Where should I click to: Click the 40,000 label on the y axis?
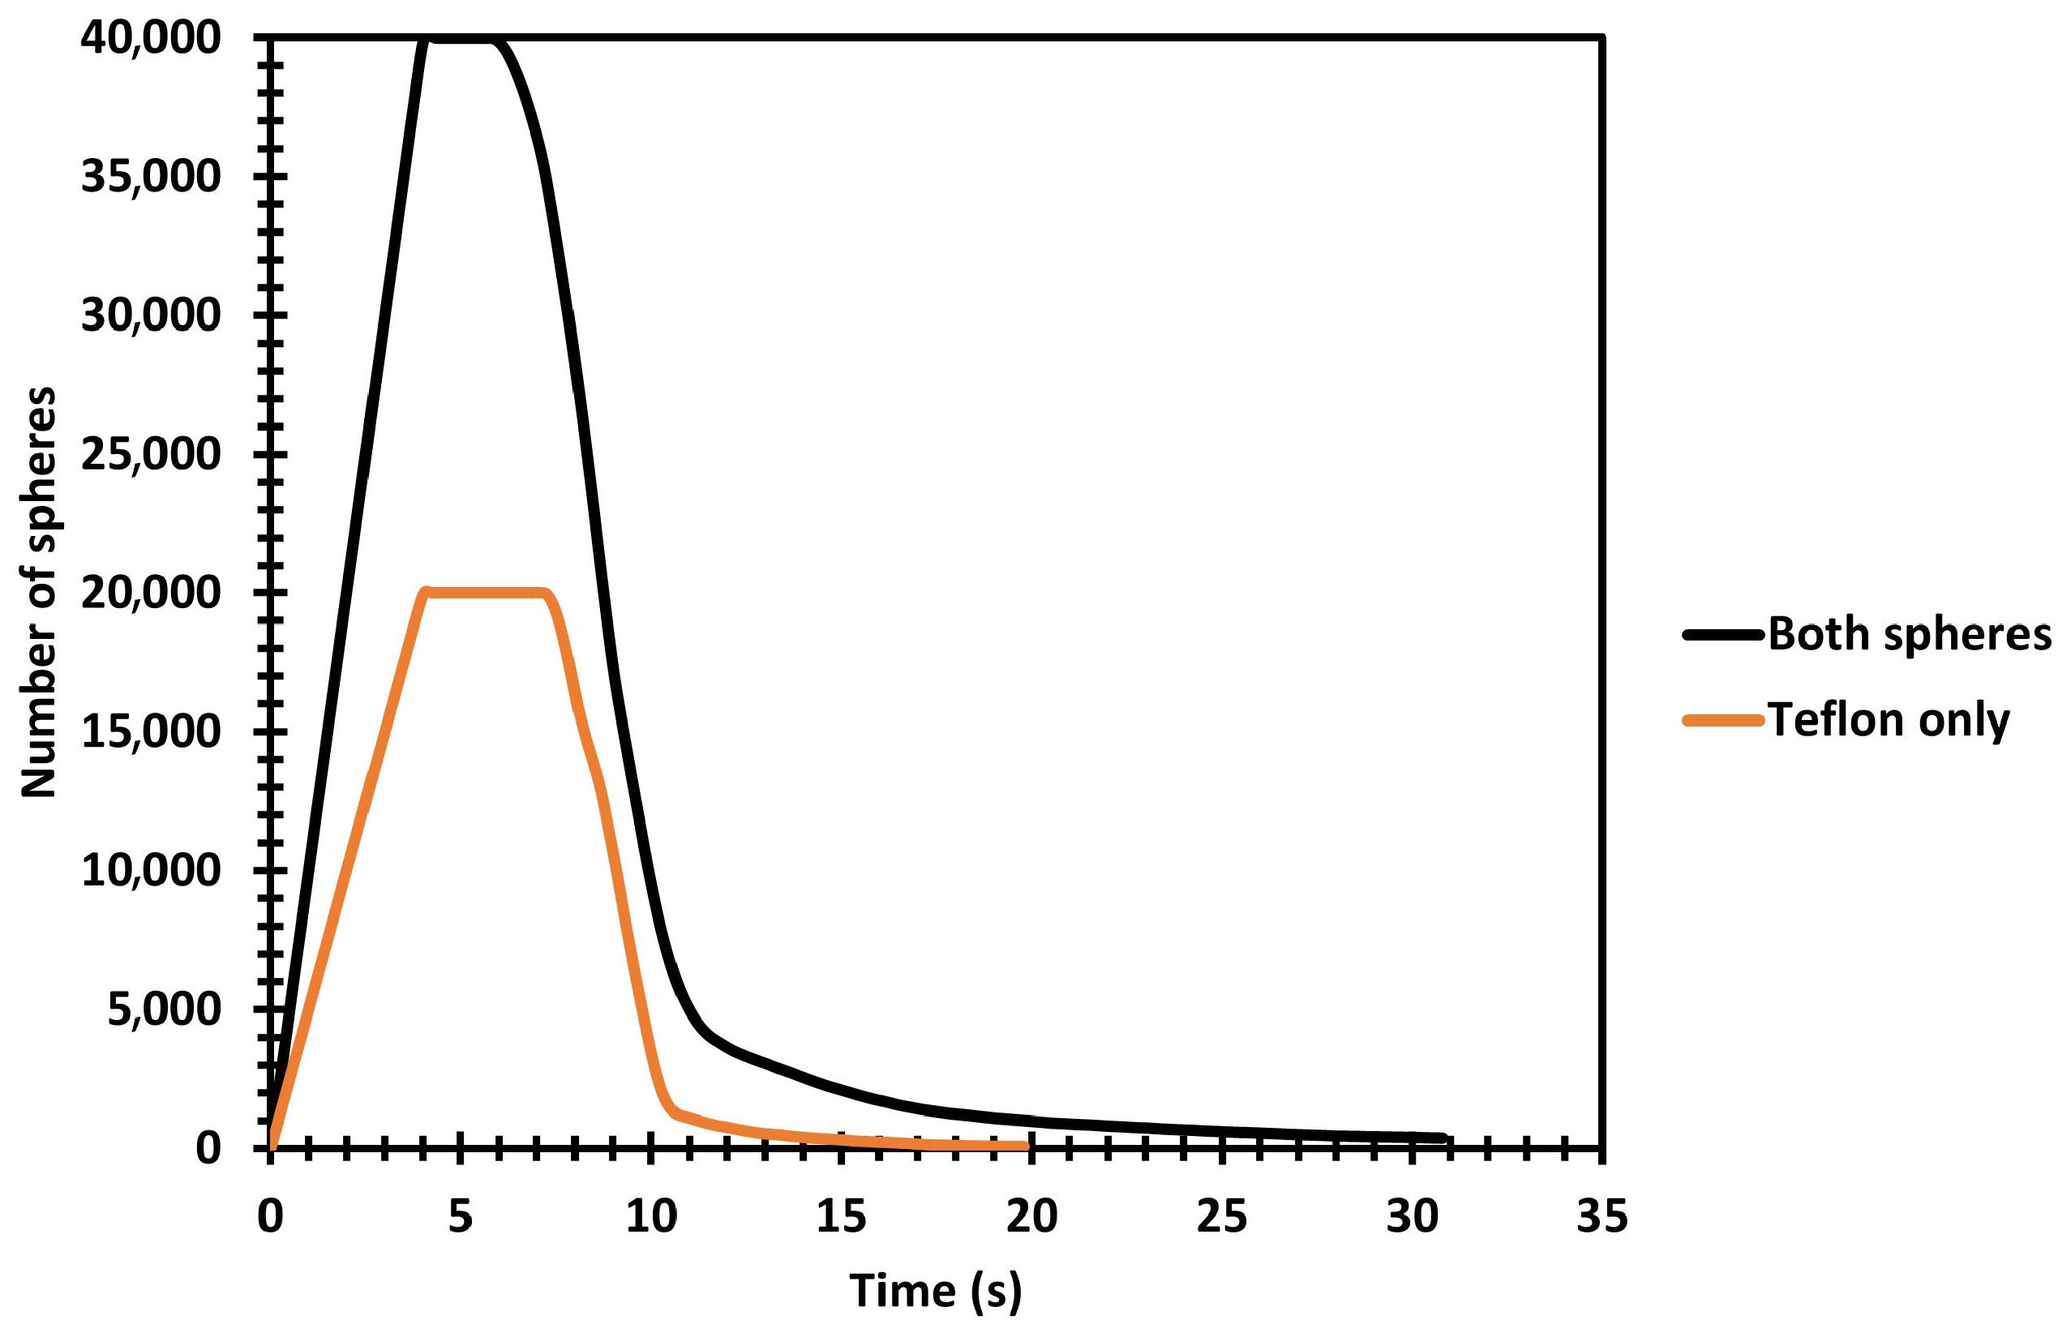pyautogui.click(x=151, y=39)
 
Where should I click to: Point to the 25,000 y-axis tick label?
pyautogui.click(x=151, y=454)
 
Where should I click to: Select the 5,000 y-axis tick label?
pyautogui.click(x=164, y=1010)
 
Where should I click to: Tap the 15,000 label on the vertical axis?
pyautogui.click(x=151, y=732)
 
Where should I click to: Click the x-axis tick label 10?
pyautogui.click(x=651, y=1216)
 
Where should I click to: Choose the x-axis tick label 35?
pyautogui.click(x=1602, y=1216)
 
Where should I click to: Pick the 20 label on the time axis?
pyautogui.click(x=1031, y=1216)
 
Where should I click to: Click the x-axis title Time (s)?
pyautogui.click(x=936, y=1292)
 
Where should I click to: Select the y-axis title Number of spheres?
pyautogui.click(x=40, y=592)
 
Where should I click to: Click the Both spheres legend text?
pyautogui.click(x=1909, y=635)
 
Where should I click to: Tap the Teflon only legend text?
pyautogui.click(x=1889, y=720)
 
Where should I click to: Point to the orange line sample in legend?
pyautogui.click(x=1722, y=720)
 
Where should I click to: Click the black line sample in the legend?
pyautogui.click(x=1722, y=635)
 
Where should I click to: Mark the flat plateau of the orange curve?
pyautogui.click(x=485, y=593)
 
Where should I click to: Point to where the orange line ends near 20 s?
pyautogui.click(x=1026, y=1146)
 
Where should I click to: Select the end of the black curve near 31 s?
pyautogui.click(x=1443, y=1138)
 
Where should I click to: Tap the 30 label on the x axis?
pyautogui.click(x=1412, y=1216)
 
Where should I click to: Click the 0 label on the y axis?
pyautogui.click(x=208, y=1149)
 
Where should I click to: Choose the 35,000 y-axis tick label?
pyautogui.click(x=151, y=177)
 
